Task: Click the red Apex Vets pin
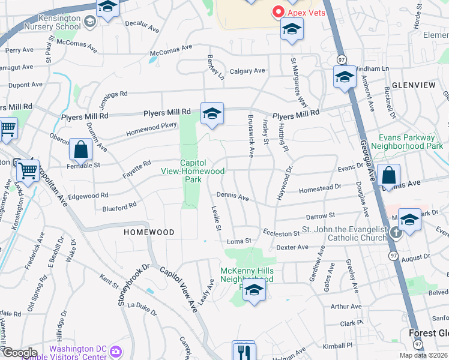(x=279, y=11)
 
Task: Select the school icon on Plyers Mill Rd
(x=212, y=113)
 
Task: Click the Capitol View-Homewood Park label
(x=202, y=171)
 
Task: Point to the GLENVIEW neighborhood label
(x=414, y=85)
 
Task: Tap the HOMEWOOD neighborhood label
(x=149, y=232)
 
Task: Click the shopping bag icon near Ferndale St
(x=80, y=150)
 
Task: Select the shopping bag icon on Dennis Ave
(x=389, y=176)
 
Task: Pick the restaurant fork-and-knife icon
(x=243, y=350)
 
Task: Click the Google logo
(x=20, y=353)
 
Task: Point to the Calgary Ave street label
(x=247, y=71)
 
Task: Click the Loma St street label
(x=238, y=241)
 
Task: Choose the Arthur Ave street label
(x=346, y=307)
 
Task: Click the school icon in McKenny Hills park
(x=254, y=290)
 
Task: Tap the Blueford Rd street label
(x=119, y=207)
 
